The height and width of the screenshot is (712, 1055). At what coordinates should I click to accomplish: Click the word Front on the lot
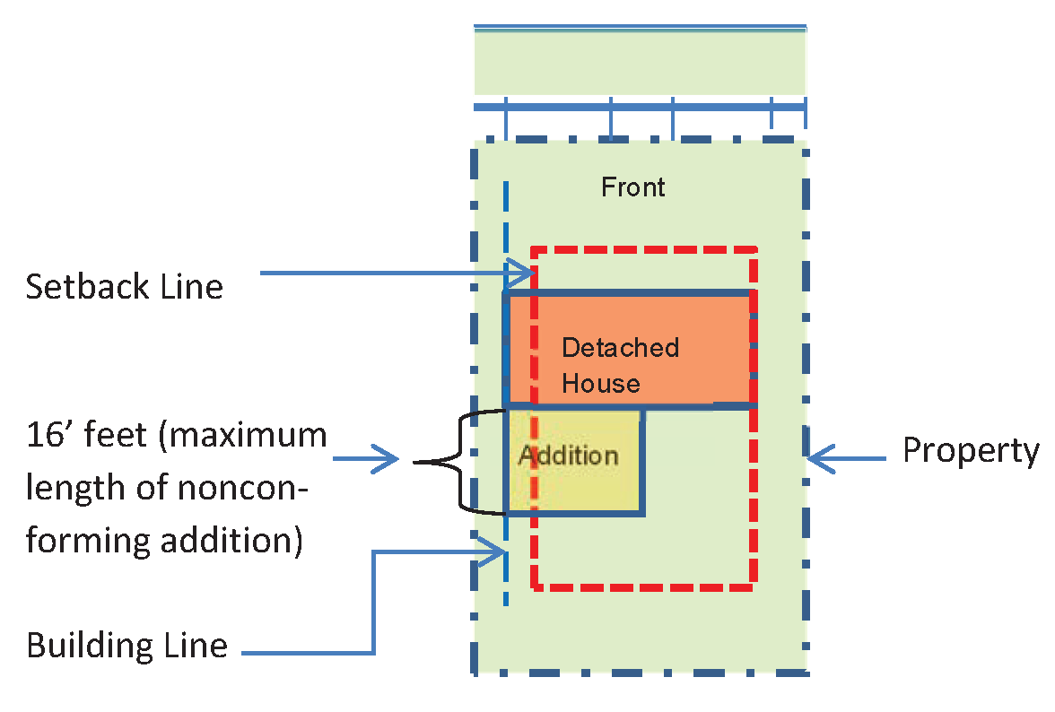click(632, 187)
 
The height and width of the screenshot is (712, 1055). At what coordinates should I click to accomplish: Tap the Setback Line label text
click(124, 287)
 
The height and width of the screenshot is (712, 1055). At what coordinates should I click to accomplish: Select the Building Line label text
click(126, 646)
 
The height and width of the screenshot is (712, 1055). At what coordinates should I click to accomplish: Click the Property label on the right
click(970, 450)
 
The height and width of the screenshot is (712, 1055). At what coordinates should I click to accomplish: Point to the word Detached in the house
click(620, 347)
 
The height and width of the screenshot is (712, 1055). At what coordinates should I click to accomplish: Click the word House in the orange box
click(600, 383)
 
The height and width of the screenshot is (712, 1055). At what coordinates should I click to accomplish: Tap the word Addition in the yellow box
click(568, 455)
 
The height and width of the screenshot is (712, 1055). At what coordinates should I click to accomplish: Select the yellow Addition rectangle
click(583, 484)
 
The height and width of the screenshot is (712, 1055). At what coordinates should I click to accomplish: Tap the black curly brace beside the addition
click(458, 462)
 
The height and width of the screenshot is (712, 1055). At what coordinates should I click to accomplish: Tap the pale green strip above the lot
click(639, 63)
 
